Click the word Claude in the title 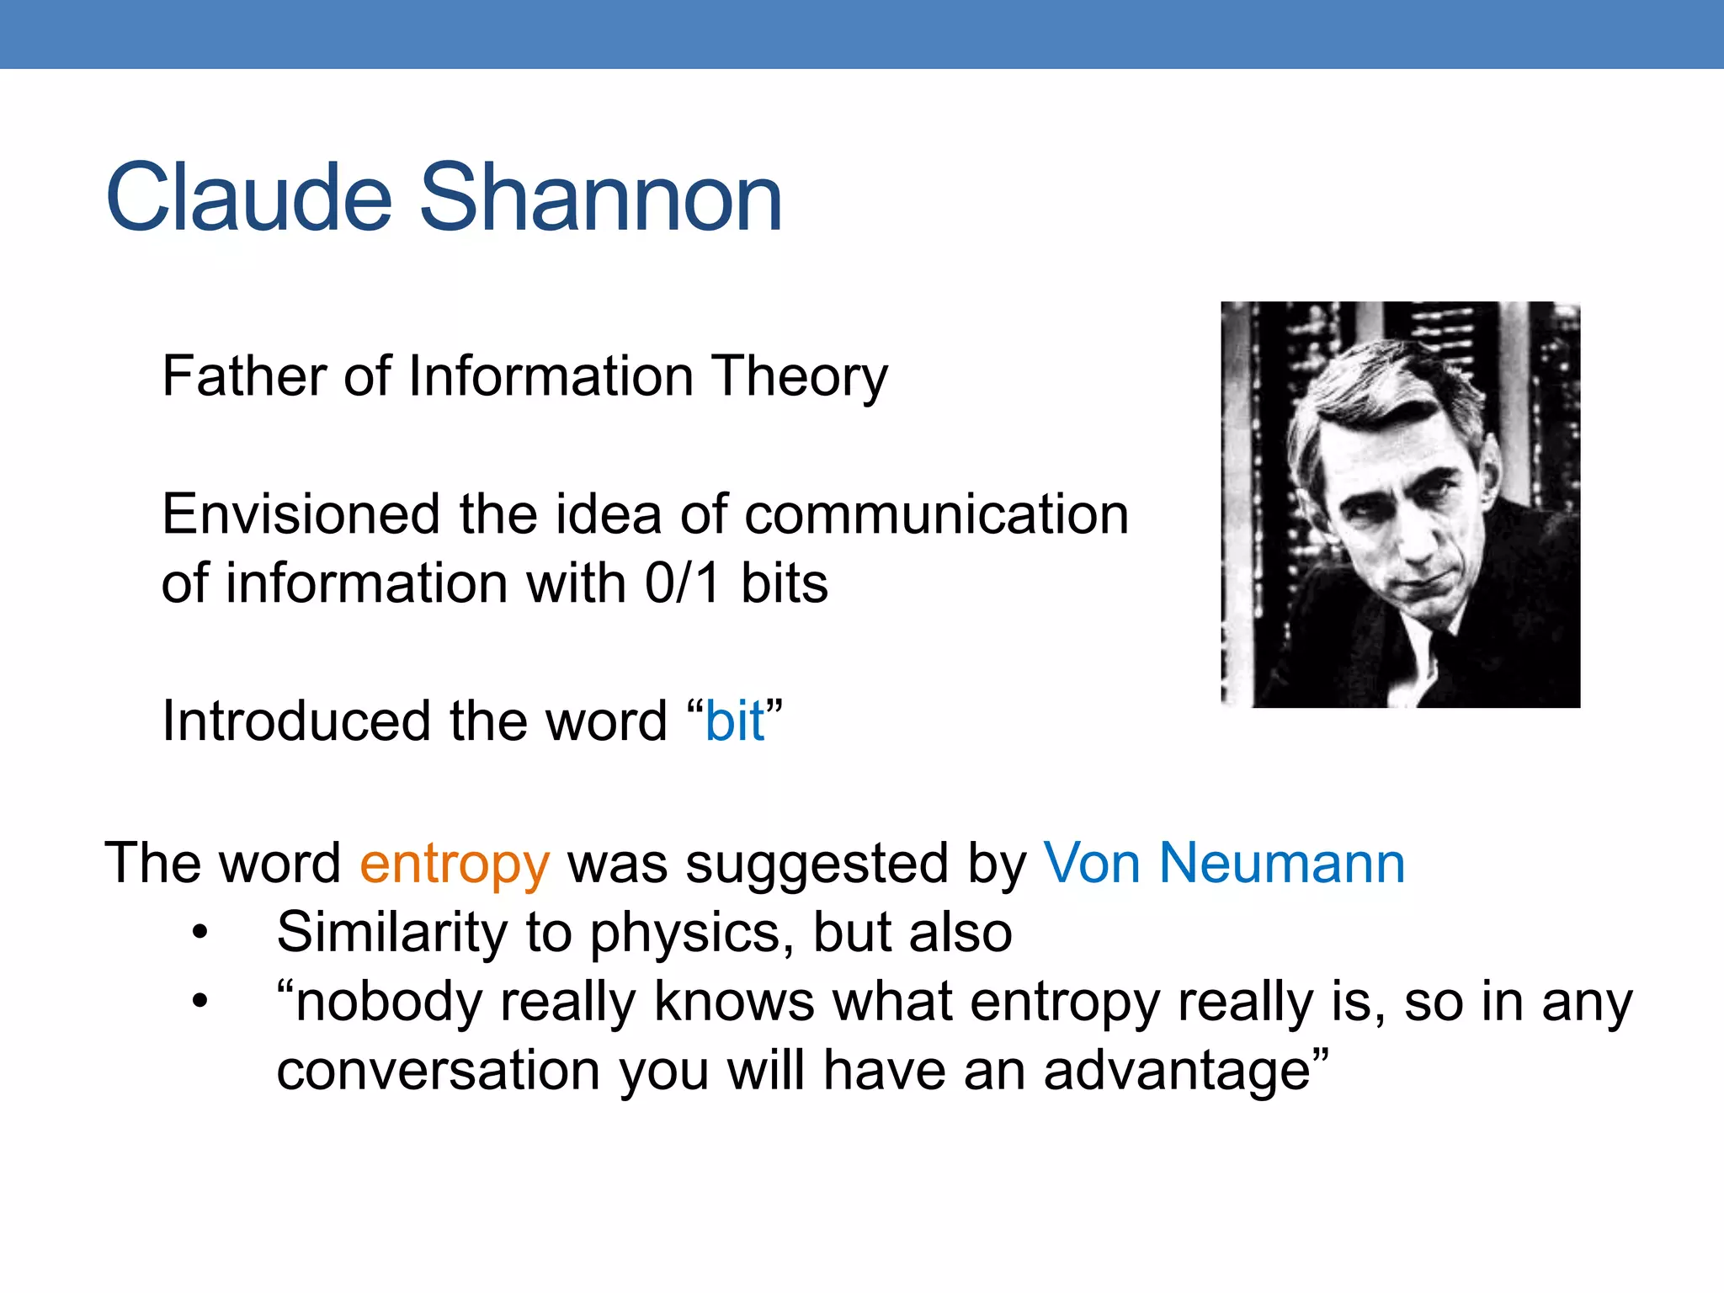(249, 199)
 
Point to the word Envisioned (301, 514)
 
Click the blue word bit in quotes (734, 721)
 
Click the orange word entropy (455, 865)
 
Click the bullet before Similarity (200, 933)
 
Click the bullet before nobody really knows (200, 1002)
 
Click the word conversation (439, 1072)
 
